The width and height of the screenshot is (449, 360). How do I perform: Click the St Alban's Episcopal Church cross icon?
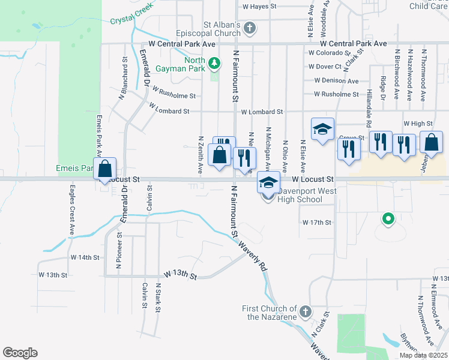pos(250,28)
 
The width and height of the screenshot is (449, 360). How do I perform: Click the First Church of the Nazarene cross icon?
pos(306,311)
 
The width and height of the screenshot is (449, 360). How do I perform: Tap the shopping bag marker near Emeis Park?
pos(105,169)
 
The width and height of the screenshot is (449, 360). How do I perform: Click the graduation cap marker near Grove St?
pos(322,129)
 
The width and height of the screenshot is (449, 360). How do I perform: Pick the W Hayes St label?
pos(259,7)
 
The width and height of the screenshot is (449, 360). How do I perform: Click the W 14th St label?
pos(84,257)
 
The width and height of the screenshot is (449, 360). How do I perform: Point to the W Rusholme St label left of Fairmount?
pos(174,93)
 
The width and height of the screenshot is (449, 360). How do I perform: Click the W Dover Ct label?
pos(325,67)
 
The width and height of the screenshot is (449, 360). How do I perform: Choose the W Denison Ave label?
pos(336,81)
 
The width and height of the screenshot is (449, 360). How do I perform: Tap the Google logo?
pos(20,353)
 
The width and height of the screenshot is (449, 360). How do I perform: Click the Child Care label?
pos(429,6)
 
